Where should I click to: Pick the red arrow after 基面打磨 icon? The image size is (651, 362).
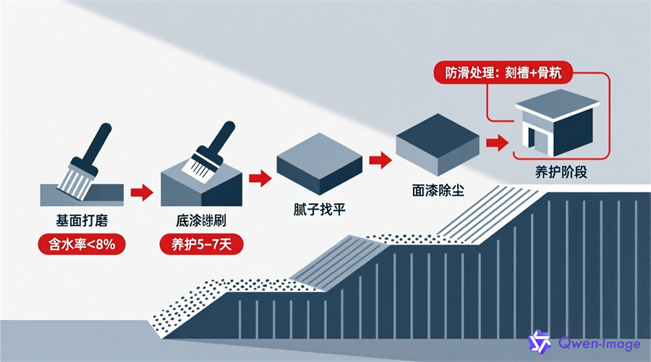pyautogui.click(x=142, y=192)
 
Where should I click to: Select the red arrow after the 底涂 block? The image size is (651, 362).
pyautogui.click(x=258, y=176)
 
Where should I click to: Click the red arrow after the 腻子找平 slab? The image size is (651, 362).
pyautogui.click(x=375, y=158)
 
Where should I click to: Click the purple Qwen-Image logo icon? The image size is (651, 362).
pyautogui.click(x=540, y=341)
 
